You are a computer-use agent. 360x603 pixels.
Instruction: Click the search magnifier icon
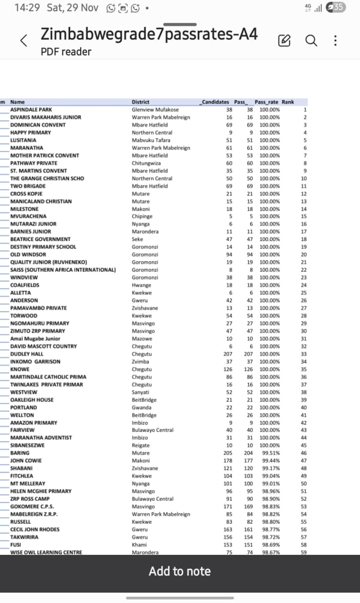(311, 41)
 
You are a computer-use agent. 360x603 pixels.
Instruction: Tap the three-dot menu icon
(335, 41)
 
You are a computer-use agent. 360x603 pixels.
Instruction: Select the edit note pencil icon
(284, 41)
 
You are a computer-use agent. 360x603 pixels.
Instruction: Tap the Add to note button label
(180, 571)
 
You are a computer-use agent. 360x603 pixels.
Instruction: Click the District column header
(140, 102)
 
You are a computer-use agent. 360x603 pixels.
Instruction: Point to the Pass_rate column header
(266, 102)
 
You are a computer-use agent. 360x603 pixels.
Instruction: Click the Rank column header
(288, 102)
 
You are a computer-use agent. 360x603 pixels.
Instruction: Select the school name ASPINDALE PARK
(31, 109)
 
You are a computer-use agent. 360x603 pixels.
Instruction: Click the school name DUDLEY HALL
(27, 354)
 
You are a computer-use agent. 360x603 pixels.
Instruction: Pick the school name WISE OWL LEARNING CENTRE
(46, 552)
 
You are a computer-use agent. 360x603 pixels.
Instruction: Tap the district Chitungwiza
(147, 163)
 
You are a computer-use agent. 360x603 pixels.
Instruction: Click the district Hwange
(141, 285)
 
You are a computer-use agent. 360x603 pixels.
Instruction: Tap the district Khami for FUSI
(139, 545)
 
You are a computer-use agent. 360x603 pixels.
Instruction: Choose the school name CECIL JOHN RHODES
(35, 530)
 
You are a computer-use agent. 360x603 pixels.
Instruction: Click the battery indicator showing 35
(339, 7)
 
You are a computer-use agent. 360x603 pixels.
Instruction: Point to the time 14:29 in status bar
(27, 8)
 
